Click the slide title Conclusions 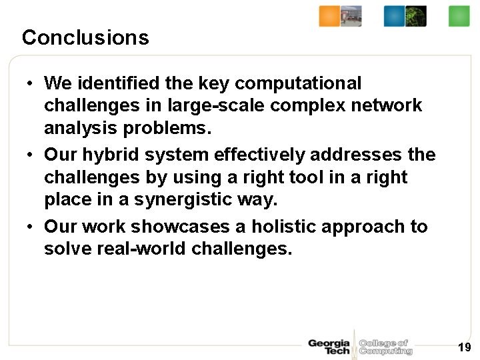(x=85, y=37)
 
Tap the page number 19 (x=465, y=347)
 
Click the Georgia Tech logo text (x=329, y=347)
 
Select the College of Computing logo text (x=385, y=347)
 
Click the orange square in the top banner (x=329, y=16)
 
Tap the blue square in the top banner (x=394, y=16)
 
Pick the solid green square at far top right (x=459, y=16)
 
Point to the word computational (x=298, y=83)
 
